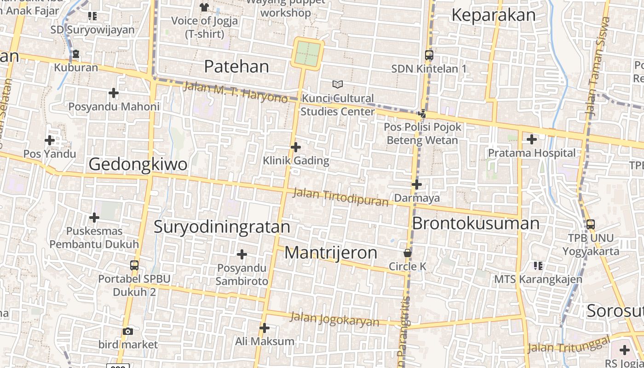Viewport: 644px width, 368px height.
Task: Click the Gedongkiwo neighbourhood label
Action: (x=138, y=164)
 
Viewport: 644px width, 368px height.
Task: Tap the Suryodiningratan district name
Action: (x=222, y=227)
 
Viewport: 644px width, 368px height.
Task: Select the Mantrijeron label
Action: (x=331, y=253)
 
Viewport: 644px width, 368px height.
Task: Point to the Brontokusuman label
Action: (x=476, y=223)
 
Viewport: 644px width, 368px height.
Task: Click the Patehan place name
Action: (x=236, y=67)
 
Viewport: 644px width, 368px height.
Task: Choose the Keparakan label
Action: (x=494, y=15)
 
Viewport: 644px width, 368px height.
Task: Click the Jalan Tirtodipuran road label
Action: (x=341, y=197)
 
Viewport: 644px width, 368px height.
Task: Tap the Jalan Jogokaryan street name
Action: (x=335, y=319)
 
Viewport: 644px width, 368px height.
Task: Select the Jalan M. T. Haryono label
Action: (x=236, y=92)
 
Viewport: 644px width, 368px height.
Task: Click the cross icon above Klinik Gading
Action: (x=296, y=147)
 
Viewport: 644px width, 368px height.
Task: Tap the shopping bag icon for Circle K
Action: (x=407, y=253)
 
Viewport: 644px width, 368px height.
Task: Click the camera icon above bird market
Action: (x=128, y=331)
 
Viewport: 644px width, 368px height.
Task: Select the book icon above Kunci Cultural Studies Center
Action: (x=338, y=84)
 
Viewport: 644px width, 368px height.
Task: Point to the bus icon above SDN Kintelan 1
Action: (x=429, y=55)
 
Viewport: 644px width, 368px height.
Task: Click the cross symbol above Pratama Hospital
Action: (x=532, y=139)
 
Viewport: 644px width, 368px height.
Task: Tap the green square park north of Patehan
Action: (x=307, y=53)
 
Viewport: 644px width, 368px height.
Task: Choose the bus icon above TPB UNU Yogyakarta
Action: (x=591, y=224)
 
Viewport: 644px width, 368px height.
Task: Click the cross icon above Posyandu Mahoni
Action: (x=114, y=93)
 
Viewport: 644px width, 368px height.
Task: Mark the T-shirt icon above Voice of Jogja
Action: (x=204, y=7)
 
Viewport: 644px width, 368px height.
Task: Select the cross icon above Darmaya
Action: (x=417, y=184)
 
